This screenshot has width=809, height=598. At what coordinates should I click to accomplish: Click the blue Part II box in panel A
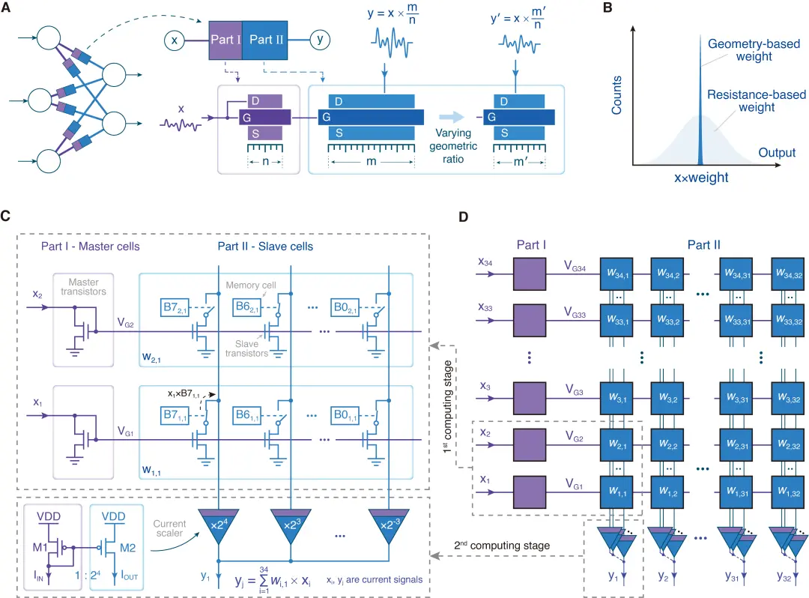coord(266,40)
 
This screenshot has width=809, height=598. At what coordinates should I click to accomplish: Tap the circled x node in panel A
coord(174,40)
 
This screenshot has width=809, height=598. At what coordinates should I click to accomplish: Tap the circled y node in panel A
coord(320,40)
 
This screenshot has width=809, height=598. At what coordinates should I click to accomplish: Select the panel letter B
coord(630,9)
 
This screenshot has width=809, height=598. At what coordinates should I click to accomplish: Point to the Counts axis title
coord(616,98)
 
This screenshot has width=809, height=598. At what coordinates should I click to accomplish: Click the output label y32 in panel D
coord(787,578)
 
